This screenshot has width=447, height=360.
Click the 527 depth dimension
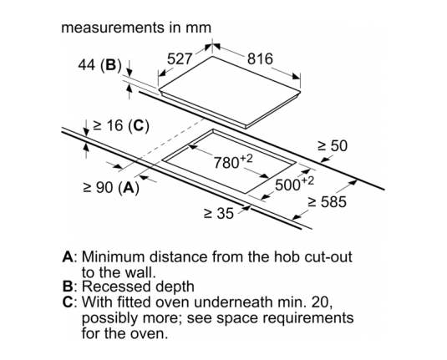click(180, 59)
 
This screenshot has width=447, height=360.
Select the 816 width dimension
click(260, 59)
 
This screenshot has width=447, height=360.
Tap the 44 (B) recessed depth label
click(99, 65)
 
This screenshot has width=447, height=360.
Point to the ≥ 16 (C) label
click(121, 125)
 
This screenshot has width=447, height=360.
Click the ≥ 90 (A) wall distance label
click(111, 188)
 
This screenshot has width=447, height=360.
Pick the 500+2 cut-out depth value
click(294, 184)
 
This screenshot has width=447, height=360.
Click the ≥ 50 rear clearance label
click(333, 146)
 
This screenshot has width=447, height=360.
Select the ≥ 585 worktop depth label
click(328, 202)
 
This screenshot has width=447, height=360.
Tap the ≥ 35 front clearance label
click(219, 213)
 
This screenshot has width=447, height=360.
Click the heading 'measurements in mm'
click(136, 28)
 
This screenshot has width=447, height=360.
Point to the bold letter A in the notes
click(68, 256)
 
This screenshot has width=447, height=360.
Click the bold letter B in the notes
click(68, 286)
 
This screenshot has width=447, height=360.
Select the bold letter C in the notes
click(68, 302)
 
